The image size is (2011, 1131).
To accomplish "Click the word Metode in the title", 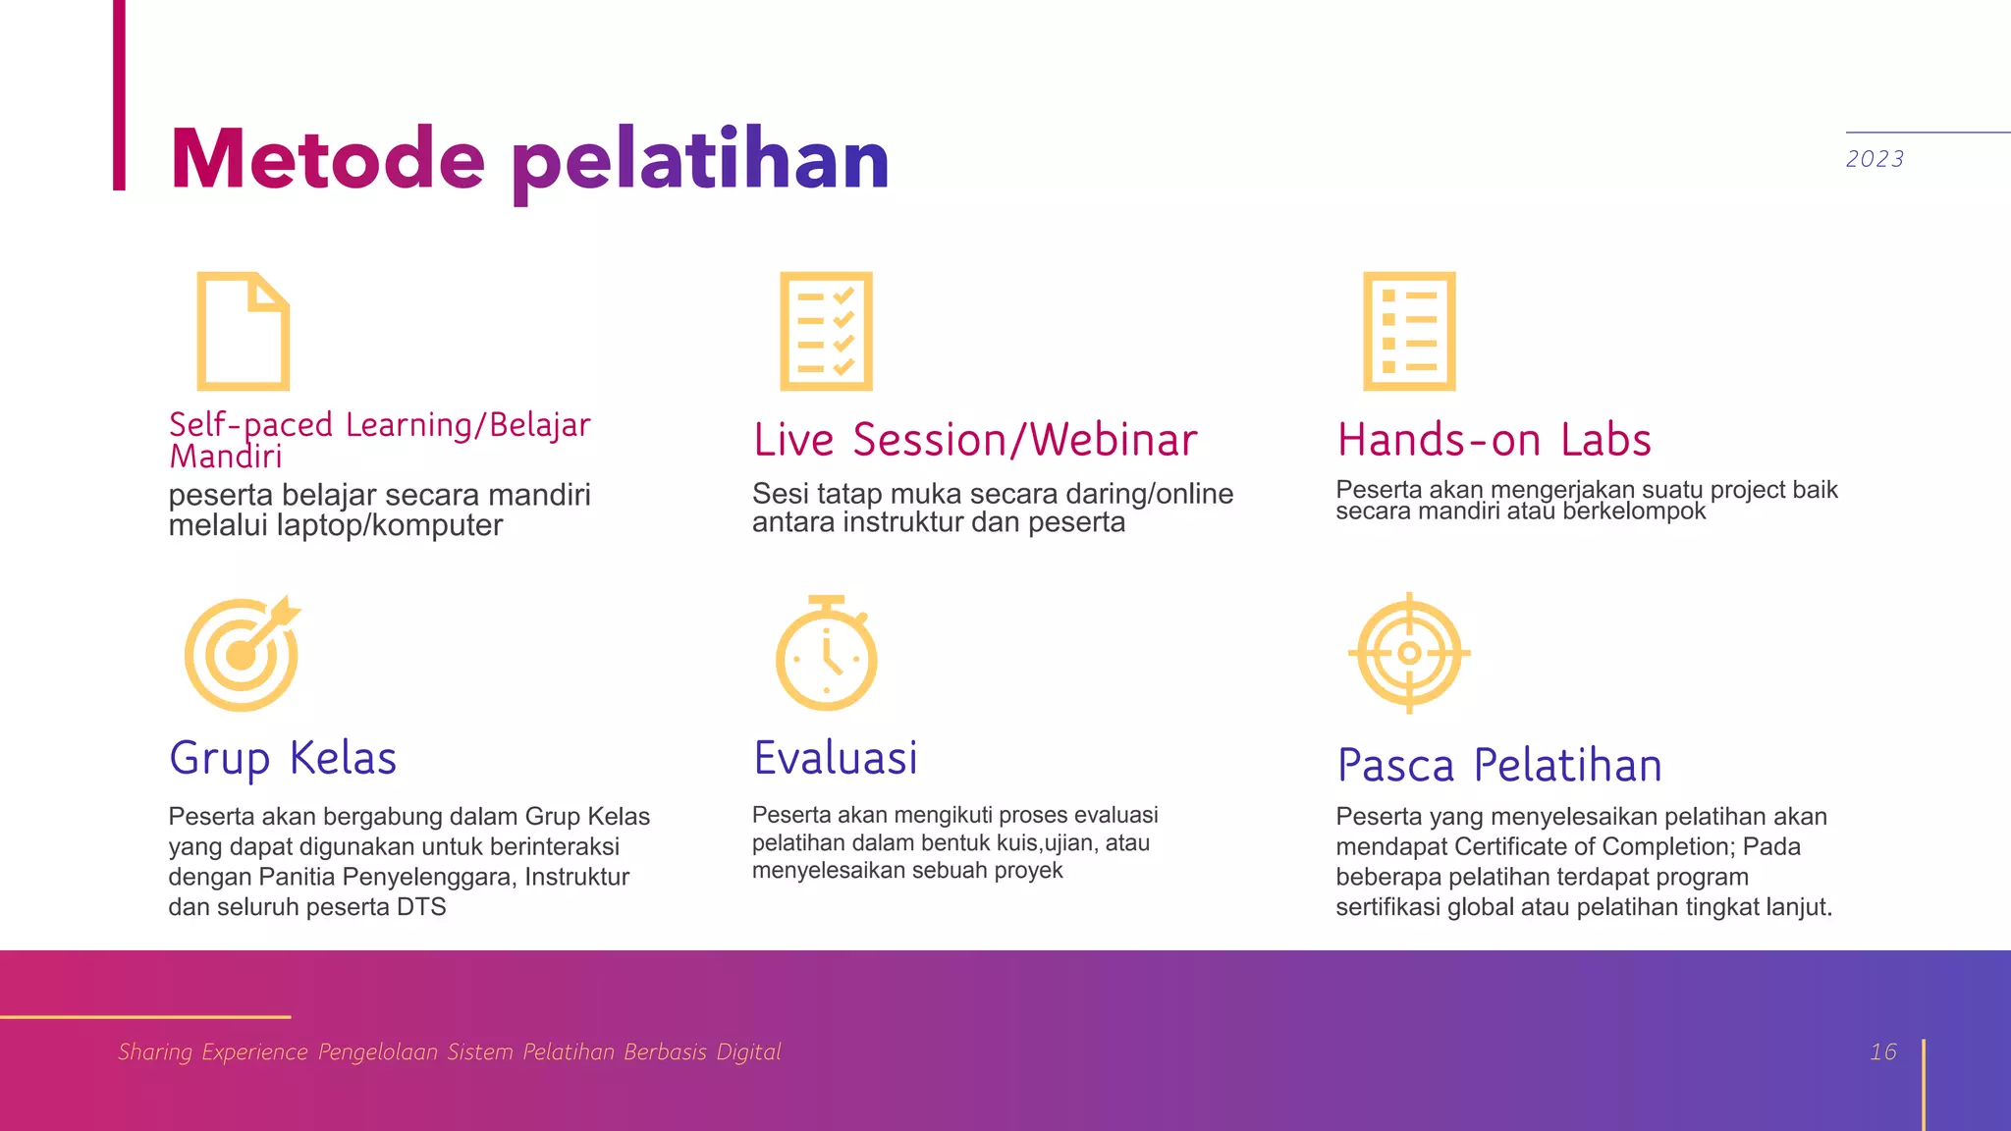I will point(327,159).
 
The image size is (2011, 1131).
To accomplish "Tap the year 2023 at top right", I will point(1874,159).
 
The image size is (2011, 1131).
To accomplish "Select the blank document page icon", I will point(243,331).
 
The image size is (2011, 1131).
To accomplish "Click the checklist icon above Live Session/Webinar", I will point(826,331).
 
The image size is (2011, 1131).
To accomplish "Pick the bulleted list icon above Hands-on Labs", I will point(1409,331).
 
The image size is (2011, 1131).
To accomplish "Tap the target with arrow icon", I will point(242,653).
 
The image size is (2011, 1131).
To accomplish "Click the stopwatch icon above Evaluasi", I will point(826,653).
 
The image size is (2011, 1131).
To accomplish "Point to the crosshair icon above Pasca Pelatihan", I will point(1409,653).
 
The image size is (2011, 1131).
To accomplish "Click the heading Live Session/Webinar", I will point(975,440).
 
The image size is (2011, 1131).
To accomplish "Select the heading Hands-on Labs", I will point(1494,440).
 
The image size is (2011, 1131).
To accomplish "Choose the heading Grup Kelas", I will point(283,759).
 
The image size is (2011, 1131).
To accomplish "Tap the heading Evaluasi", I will point(836,759).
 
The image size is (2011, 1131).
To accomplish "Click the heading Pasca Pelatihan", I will point(1499,766).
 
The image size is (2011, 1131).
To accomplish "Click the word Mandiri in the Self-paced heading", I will point(226,457).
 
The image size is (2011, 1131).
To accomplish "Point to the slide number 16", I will point(1882,1052).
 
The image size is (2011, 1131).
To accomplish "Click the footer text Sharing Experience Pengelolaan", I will point(312,1052).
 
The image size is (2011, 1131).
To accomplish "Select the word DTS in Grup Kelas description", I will point(421,907).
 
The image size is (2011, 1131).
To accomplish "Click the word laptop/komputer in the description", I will point(389,526).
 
